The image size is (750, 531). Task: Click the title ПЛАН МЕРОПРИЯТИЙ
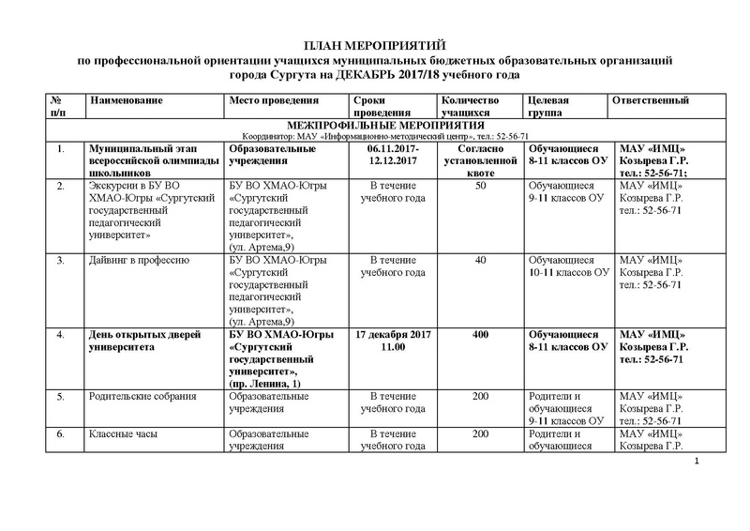[375, 46]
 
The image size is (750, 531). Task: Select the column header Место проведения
[272, 100]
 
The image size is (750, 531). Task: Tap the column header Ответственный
[651, 100]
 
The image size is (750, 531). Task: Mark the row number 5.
[61, 398]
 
